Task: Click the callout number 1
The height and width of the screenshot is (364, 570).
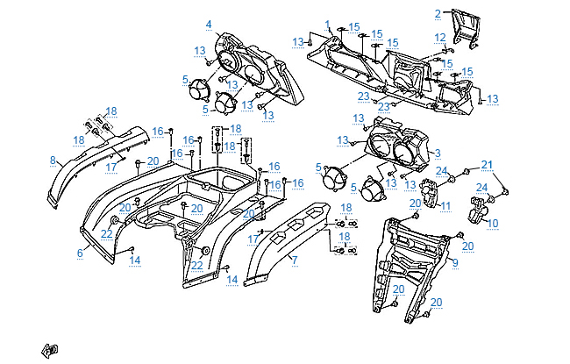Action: (x=327, y=25)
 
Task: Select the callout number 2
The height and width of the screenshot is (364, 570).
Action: (x=438, y=13)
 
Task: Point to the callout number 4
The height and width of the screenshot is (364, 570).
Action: (x=209, y=24)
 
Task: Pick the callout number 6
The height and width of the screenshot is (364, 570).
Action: (x=80, y=252)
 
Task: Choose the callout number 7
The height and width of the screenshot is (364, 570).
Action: (x=295, y=260)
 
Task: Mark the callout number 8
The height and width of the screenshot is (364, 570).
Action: (x=53, y=161)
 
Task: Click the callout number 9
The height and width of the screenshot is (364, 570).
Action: (x=455, y=262)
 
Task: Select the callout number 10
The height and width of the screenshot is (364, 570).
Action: (x=492, y=224)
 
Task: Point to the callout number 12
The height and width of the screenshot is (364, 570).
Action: (x=440, y=37)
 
